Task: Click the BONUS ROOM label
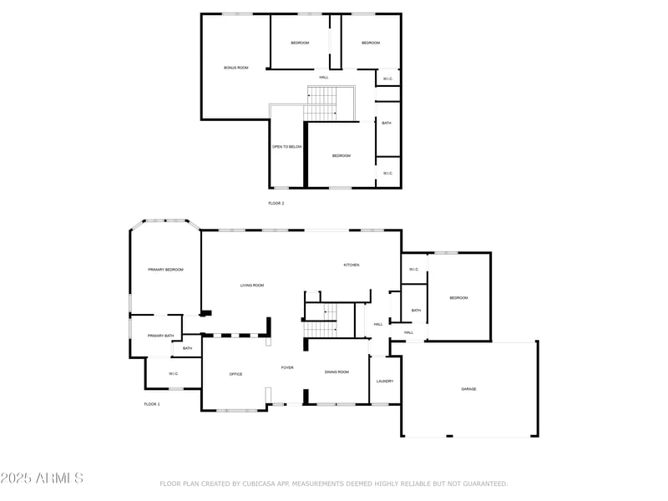tap(236, 68)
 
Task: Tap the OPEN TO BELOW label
tap(287, 147)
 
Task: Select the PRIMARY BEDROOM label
tap(165, 270)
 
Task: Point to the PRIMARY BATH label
tap(161, 336)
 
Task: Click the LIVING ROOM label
tap(252, 286)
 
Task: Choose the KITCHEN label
tap(352, 265)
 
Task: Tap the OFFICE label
tap(236, 374)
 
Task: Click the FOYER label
tap(287, 367)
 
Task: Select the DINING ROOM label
tap(337, 372)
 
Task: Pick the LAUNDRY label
tap(385, 381)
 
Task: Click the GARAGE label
tap(468, 389)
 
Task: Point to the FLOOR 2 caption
tap(276, 203)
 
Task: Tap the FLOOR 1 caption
tap(152, 404)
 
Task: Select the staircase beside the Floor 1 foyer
tap(320, 321)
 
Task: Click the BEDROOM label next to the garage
tap(458, 298)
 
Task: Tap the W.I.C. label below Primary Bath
tap(173, 373)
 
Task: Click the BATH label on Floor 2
tap(387, 124)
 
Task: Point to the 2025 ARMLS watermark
tap(42, 478)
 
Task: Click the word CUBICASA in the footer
tap(262, 483)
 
